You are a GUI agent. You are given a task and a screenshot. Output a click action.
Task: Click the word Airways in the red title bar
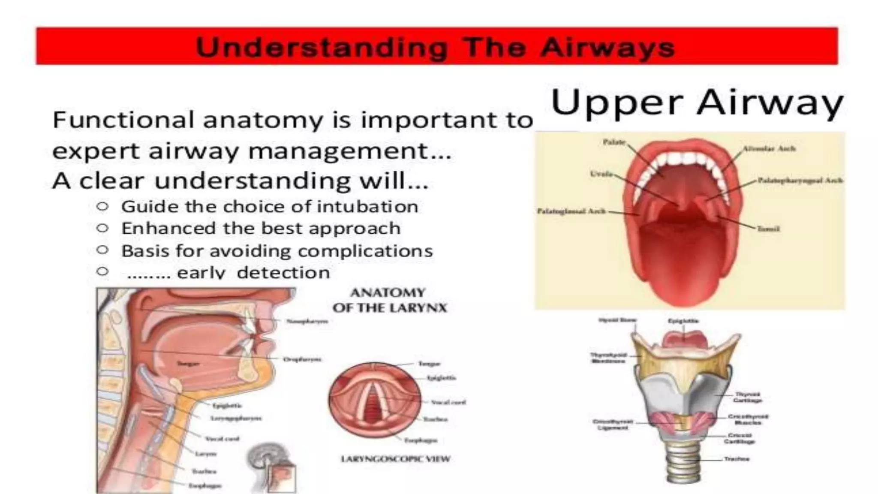607,47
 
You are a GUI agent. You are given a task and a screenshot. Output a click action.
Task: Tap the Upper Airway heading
697,103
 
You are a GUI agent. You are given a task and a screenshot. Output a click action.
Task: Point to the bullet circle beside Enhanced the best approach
102,228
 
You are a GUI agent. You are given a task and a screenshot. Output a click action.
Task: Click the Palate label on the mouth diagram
614,142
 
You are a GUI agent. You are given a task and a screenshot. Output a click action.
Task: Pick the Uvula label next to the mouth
601,174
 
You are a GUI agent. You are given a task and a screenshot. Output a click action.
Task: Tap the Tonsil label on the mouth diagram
768,229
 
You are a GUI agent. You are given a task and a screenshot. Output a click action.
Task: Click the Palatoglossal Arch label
571,211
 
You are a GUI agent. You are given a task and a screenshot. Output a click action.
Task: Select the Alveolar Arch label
769,149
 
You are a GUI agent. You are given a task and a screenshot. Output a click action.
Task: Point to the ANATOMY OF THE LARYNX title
389,300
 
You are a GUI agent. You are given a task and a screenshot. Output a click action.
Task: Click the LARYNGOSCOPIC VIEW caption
395,459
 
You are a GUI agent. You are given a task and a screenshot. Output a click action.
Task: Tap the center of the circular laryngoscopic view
374,400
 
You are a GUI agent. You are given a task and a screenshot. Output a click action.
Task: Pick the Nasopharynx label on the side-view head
307,321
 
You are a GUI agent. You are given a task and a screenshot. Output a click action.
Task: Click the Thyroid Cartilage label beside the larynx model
748,397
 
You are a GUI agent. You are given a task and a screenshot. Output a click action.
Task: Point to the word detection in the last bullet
283,273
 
